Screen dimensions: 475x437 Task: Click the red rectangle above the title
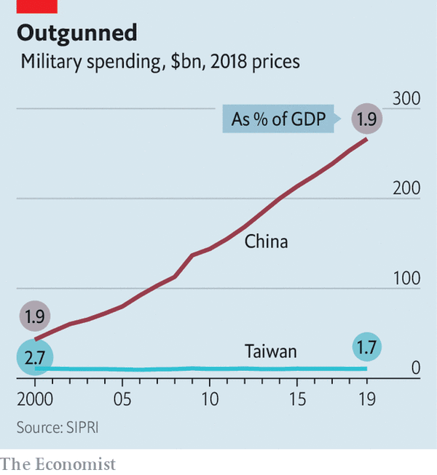click(x=29, y=6)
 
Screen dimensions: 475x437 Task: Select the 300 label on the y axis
click(x=406, y=99)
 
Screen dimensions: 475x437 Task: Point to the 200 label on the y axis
click(x=406, y=188)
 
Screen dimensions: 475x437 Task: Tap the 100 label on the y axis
click(x=406, y=279)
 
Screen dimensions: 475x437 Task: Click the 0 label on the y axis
click(x=415, y=368)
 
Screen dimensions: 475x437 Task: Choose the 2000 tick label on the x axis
click(x=35, y=400)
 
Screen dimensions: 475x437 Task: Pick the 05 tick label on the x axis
click(x=122, y=400)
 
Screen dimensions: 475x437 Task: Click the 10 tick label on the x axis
click(x=210, y=400)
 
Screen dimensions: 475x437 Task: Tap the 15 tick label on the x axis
click(x=297, y=400)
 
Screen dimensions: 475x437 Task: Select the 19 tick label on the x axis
click(x=366, y=400)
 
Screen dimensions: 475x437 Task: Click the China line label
click(x=266, y=242)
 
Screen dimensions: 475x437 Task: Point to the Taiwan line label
click(x=270, y=352)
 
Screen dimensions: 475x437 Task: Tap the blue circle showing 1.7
click(x=366, y=348)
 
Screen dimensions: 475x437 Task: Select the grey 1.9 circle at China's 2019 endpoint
click(x=366, y=119)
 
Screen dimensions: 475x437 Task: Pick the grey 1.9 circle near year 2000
click(x=36, y=316)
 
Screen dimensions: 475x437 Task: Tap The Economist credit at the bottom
click(x=58, y=463)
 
